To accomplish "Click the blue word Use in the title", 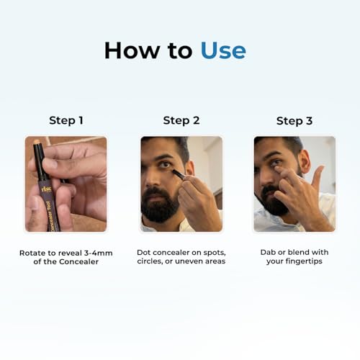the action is pyautogui.click(x=223, y=50).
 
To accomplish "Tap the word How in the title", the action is pyautogui.click(x=132, y=50).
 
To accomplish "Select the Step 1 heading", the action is pyautogui.click(x=66, y=120).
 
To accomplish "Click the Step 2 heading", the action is pyautogui.click(x=181, y=120).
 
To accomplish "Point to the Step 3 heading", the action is pyautogui.click(x=294, y=121).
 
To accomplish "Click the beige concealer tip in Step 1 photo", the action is pyautogui.click(x=37, y=142).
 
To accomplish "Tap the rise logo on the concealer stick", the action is pyautogui.click(x=46, y=189).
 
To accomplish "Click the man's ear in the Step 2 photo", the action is pyautogui.click(x=190, y=168).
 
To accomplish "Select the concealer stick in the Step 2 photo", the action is pyautogui.click(x=179, y=174).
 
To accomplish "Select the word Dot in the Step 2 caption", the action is pyautogui.click(x=144, y=253).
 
